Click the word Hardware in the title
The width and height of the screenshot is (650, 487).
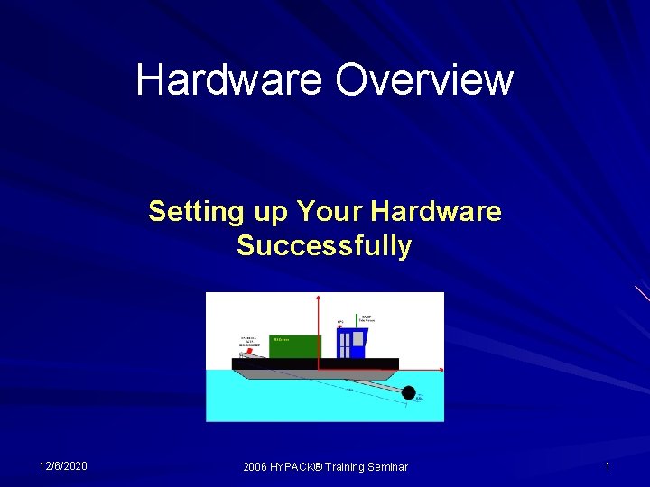[230, 79]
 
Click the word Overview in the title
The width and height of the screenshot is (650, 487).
[424, 79]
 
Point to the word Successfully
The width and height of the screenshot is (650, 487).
[324, 245]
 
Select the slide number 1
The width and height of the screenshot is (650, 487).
[608, 465]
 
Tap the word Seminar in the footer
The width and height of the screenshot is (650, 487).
[386, 466]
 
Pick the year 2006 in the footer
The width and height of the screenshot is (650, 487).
[255, 466]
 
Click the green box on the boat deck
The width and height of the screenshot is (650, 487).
[294, 346]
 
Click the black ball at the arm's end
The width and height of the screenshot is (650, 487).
[408, 392]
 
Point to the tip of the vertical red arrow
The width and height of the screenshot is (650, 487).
[318, 296]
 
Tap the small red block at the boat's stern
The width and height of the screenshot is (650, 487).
[243, 354]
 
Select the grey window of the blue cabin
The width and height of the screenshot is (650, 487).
[357, 339]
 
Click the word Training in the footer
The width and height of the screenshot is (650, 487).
[345, 466]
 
